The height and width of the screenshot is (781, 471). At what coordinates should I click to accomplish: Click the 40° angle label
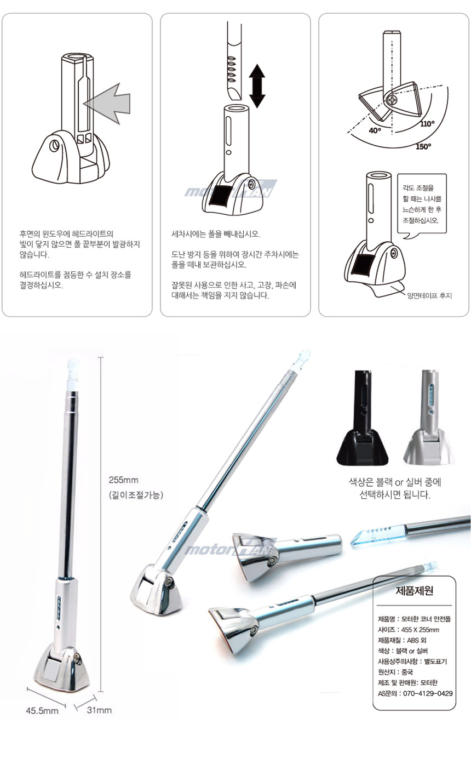[375, 130]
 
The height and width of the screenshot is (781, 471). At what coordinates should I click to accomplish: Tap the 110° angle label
[427, 124]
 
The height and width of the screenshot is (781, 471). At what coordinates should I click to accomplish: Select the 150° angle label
[423, 146]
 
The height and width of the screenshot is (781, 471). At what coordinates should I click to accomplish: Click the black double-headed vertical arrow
[257, 85]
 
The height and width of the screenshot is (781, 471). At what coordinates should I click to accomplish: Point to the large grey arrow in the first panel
[108, 104]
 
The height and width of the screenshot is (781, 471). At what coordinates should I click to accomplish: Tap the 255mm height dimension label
[123, 480]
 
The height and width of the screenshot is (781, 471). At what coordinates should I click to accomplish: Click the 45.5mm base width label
[42, 710]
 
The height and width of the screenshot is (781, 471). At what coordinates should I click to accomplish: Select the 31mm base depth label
[99, 710]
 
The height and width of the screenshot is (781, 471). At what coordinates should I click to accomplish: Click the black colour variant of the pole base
[363, 418]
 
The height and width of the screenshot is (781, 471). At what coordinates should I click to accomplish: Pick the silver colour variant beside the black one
[429, 418]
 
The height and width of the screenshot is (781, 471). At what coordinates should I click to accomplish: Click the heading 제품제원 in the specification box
[414, 591]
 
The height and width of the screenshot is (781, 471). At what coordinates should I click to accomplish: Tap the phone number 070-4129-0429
[428, 693]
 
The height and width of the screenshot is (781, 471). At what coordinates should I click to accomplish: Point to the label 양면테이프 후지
[429, 295]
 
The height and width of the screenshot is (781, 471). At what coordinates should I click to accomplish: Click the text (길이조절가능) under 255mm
[136, 495]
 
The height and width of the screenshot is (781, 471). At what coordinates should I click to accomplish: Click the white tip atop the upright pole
[73, 375]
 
